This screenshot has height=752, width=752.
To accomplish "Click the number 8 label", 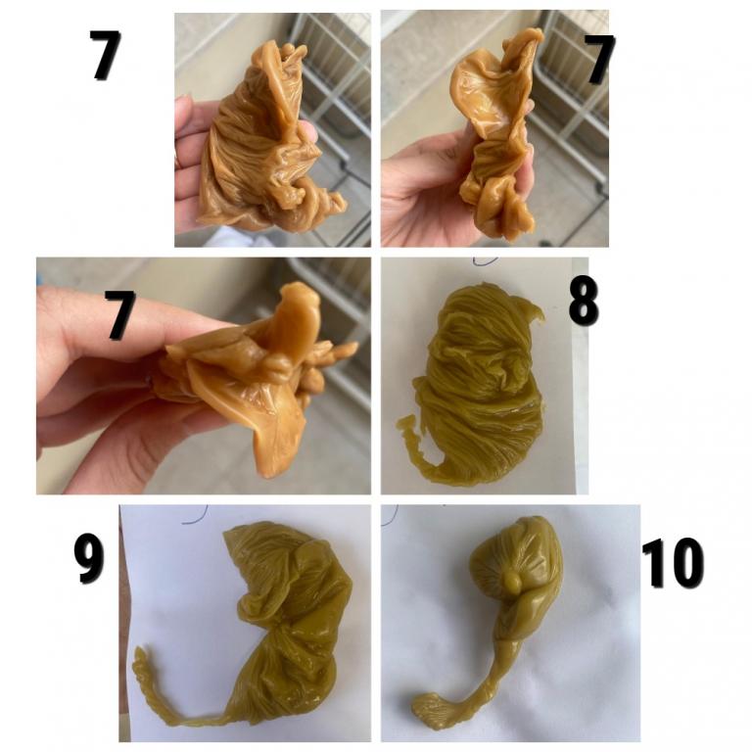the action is pyautogui.click(x=584, y=302).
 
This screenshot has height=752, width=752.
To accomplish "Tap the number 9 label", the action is pyautogui.click(x=89, y=561).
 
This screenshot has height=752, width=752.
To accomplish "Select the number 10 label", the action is pyautogui.click(x=673, y=563).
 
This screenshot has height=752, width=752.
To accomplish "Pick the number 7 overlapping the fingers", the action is pyautogui.click(x=120, y=315).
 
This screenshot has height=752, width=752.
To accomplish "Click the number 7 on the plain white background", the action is pyautogui.click(x=105, y=55).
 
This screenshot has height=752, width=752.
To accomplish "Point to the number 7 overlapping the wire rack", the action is pyautogui.click(x=599, y=60).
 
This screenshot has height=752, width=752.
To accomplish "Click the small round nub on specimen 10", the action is pyautogui.click(x=512, y=583).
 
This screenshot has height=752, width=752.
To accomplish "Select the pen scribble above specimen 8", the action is pyautogui.click(x=486, y=261).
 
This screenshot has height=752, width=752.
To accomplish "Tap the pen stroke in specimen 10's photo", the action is pyautogui.click(x=391, y=514).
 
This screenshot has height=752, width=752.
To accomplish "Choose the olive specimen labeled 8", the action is pyautogui.click(x=477, y=385).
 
